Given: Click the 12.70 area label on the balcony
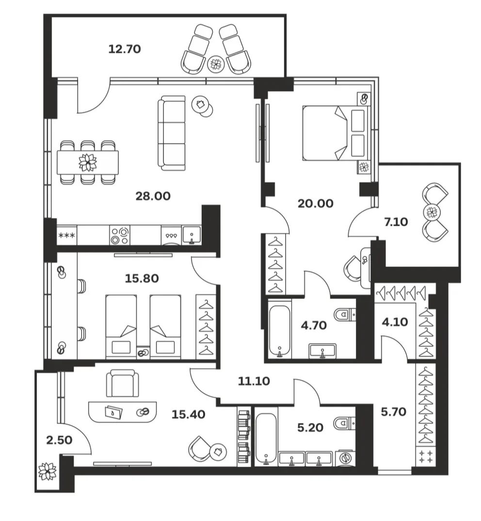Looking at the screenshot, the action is [x=125, y=49].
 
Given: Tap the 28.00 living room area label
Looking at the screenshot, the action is [x=153, y=196].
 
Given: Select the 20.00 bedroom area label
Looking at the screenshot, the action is [x=316, y=204].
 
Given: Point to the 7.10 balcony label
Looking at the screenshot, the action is [x=396, y=221].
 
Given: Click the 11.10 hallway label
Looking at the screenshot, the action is [x=254, y=381].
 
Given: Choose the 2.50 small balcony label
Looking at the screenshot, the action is [x=59, y=440].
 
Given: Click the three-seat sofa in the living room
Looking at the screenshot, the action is [x=172, y=133].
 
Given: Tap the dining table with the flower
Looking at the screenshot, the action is [x=88, y=162].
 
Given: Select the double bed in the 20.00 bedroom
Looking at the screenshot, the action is [x=336, y=133].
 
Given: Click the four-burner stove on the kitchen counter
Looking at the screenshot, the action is [x=120, y=236].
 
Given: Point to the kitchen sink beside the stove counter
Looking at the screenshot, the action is [x=192, y=235].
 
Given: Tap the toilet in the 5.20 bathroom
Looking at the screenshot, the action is [x=345, y=424].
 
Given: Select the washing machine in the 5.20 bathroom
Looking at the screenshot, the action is [x=346, y=458].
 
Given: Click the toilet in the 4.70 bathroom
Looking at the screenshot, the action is [x=345, y=314].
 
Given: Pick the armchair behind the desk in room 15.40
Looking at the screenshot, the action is [x=122, y=383].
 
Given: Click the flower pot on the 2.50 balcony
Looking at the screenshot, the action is [x=47, y=471].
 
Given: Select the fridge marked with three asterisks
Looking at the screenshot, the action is [x=67, y=236].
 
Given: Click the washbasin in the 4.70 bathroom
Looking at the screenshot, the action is [x=322, y=351].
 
